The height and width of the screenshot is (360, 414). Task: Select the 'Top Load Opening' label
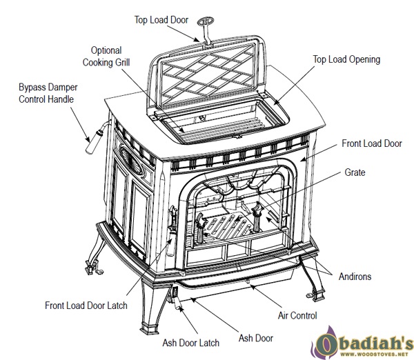pyautogui.click(x=346, y=60)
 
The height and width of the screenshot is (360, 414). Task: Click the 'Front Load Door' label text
pyautogui.click(x=372, y=144)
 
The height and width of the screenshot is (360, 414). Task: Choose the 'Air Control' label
pyautogui.click(x=297, y=315)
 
